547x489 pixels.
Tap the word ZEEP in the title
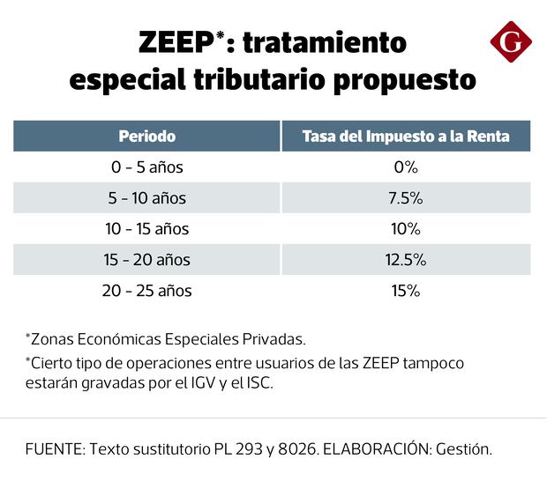174,43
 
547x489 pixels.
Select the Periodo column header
147,137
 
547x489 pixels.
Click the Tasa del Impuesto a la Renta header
405,137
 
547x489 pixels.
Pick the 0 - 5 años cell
147,167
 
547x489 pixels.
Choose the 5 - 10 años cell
147,198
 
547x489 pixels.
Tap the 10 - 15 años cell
147,229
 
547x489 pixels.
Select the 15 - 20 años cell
147,260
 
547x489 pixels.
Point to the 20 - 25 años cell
147,291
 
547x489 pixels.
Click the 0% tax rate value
405,167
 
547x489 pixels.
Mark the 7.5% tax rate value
405,198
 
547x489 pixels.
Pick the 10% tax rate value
405,229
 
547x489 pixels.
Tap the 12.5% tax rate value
405,260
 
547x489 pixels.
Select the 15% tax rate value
405,291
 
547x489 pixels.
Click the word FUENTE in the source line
51,448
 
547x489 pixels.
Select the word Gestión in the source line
462,448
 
